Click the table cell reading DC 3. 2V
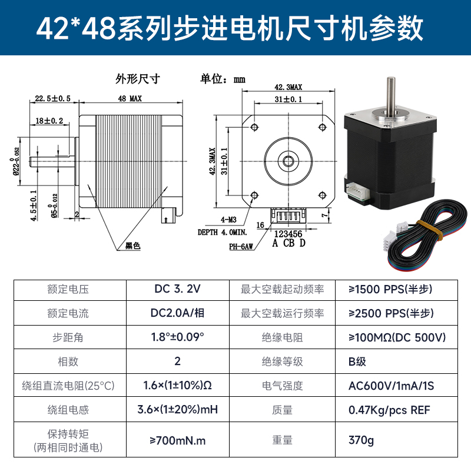coord(177,289)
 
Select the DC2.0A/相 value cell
coord(177,313)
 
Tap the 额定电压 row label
coord(68,290)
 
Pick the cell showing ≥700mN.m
coord(177,440)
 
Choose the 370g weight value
coord(361,440)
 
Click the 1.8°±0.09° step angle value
coord(177,337)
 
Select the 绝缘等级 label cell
coord(282,361)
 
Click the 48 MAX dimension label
coord(130,98)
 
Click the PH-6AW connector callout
coord(242,247)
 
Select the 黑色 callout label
coord(133,247)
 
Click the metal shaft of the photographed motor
coord(390,94)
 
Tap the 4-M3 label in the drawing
coord(230,219)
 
